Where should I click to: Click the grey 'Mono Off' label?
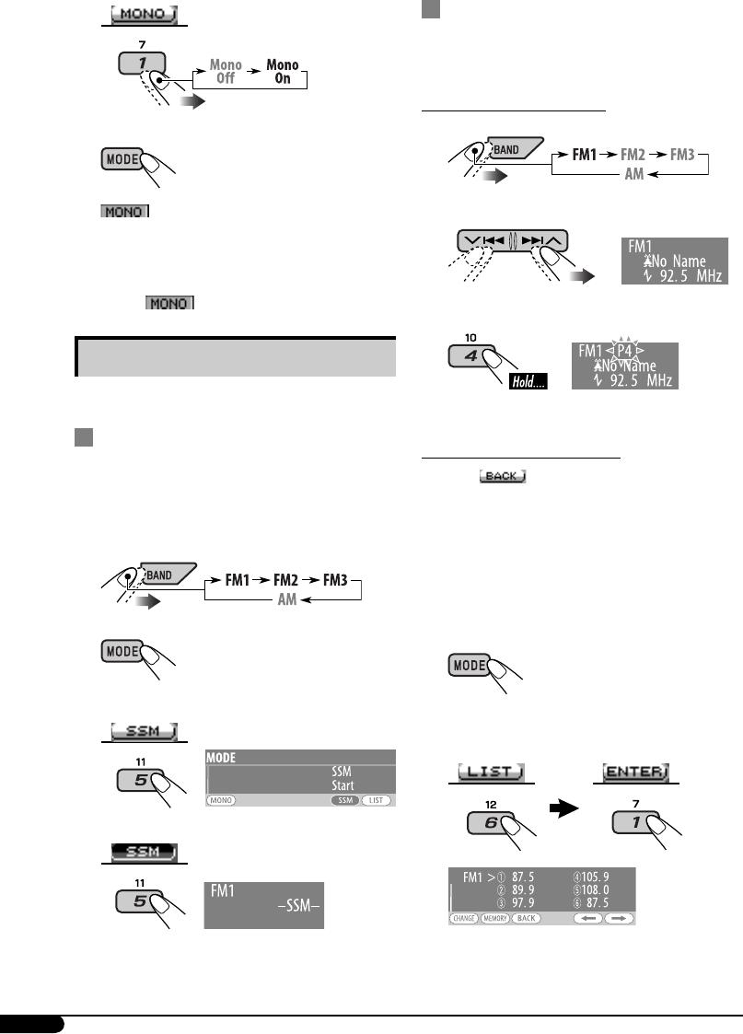point(226,72)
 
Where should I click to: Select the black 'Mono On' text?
point(283,72)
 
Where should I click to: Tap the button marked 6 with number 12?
point(491,819)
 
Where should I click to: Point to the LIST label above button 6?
point(493,770)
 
